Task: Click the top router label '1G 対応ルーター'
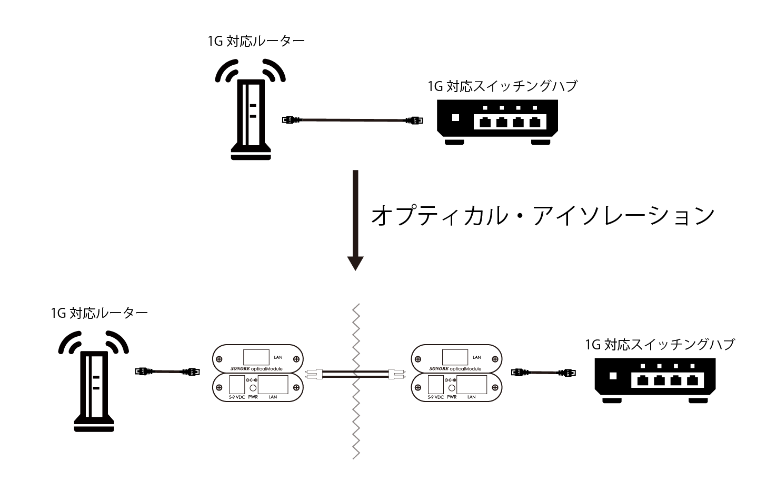[256, 41]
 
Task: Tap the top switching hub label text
[502, 86]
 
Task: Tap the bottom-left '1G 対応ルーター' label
[99, 313]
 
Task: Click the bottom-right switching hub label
[660, 345]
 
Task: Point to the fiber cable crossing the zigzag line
[356, 374]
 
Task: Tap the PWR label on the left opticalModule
[253, 397]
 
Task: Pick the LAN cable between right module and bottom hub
[544, 372]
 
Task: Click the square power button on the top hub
[456, 118]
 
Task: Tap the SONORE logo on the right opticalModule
[439, 368]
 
